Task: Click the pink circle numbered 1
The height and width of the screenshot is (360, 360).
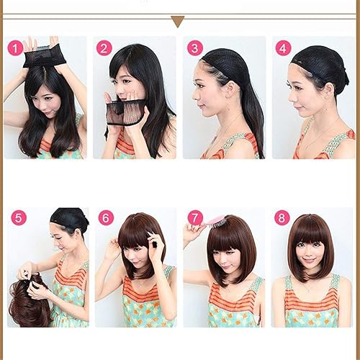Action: pos(15,48)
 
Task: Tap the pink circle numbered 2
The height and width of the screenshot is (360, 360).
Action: pos(105,48)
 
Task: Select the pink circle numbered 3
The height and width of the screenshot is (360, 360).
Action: pos(194,48)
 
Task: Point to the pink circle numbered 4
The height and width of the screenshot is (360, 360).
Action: pos(284,48)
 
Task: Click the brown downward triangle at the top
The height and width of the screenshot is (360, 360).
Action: pos(178,22)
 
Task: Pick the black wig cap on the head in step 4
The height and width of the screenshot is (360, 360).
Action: pos(320,65)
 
